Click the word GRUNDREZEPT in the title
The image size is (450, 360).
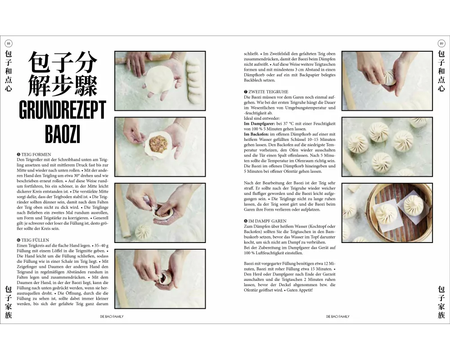tap(63, 110)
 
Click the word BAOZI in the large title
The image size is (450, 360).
tap(62, 134)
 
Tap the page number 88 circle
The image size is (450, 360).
tap(8, 44)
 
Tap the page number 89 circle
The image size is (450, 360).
tap(441, 44)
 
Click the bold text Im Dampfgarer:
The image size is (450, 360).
tap(259, 124)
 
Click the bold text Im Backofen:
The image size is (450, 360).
tap(256, 134)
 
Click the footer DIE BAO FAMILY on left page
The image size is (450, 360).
tap(112, 316)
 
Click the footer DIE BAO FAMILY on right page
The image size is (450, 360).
tap(338, 316)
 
